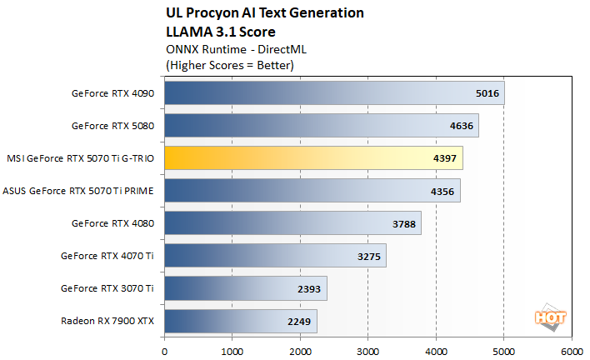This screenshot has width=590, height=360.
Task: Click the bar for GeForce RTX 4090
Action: click(333, 93)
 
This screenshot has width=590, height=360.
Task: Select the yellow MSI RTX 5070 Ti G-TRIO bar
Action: click(312, 158)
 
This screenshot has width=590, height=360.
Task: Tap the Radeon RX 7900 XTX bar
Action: click(240, 321)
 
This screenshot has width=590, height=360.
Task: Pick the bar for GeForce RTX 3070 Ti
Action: click(245, 288)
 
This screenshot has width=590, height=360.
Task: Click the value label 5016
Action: click(487, 93)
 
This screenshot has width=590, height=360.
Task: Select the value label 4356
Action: click(442, 191)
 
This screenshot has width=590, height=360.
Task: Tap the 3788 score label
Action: click(403, 223)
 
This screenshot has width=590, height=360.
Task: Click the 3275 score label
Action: click(368, 256)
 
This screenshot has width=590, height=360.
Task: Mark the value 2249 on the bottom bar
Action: click(299, 321)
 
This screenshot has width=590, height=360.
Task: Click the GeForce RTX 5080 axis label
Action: click(112, 126)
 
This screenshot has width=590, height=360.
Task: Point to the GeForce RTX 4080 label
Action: click(112, 223)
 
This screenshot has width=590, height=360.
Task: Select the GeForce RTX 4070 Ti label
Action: click(107, 256)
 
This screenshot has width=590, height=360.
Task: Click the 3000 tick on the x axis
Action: click(367, 351)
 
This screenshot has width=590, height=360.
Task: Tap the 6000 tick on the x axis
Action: click(571, 351)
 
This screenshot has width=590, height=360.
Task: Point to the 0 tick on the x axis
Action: click(165, 351)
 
